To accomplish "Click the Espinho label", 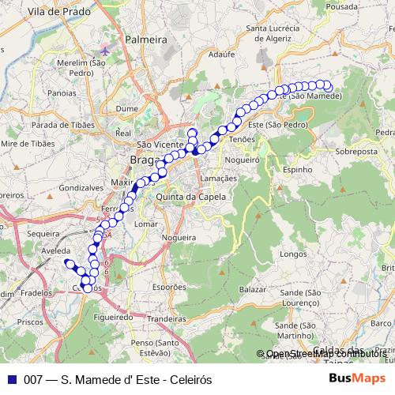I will [x=298, y=169].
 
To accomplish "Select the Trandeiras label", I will [x=166, y=318].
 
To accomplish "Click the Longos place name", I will [x=293, y=254].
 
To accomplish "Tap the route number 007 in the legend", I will [x=32, y=379].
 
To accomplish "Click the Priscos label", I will [x=29, y=323].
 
